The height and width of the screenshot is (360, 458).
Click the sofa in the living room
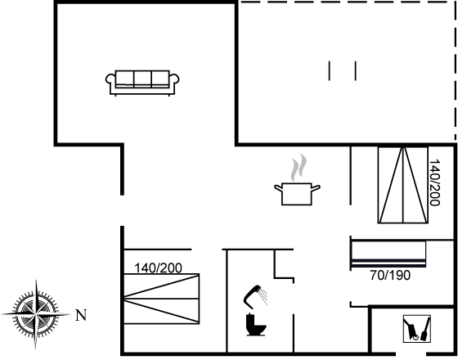(x=142, y=83)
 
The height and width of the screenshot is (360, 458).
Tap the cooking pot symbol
(x=297, y=193)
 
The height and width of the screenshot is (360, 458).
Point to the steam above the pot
(x=299, y=168)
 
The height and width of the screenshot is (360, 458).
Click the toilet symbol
(x=256, y=324)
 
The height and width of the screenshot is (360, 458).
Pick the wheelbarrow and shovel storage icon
(x=417, y=329)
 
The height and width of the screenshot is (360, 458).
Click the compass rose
(x=36, y=314)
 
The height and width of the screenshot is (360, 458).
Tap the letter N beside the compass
(x=81, y=315)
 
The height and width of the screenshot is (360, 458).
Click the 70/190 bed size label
(x=390, y=275)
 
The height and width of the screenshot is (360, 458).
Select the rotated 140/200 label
(x=434, y=182)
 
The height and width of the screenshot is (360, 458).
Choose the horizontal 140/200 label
(x=158, y=268)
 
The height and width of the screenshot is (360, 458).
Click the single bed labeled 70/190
(x=388, y=254)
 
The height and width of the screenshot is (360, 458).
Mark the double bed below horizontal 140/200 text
(x=162, y=299)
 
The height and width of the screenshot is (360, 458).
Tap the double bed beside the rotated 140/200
(x=402, y=185)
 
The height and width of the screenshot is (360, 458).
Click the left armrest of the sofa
(x=110, y=79)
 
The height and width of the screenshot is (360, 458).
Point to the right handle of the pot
(x=316, y=188)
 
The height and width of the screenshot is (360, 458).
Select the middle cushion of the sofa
(x=142, y=79)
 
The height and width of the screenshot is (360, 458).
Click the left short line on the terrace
(x=329, y=70)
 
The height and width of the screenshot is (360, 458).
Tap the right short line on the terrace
(x=356, y=70)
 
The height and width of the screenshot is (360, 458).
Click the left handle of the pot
(x=278, y=188)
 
